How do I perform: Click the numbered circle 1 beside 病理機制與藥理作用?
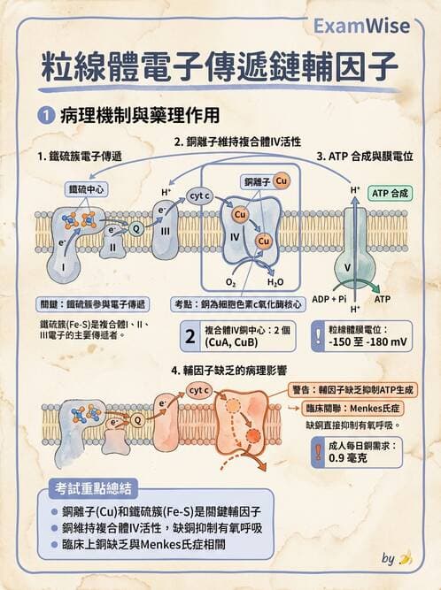(x=45, y=115)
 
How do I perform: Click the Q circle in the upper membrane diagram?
(x=136, y=228)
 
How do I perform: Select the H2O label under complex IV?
(x=275, y=282)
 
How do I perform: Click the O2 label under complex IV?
(x=231, y=282)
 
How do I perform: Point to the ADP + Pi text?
(x=329, y=299)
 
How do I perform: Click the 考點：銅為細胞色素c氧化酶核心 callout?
(x=238, y=303)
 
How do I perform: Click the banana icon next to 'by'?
(x=406, y=558)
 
